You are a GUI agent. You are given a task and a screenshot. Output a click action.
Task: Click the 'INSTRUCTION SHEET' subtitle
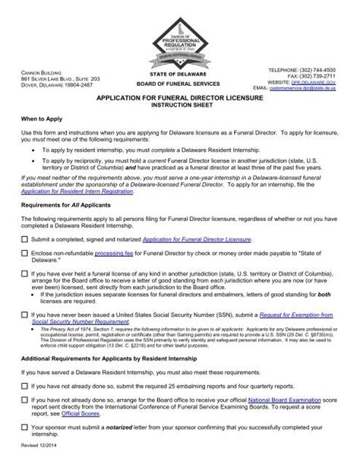(x=179, y=108)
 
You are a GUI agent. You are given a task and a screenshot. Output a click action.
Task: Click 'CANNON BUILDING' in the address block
(x=37, y=70)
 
